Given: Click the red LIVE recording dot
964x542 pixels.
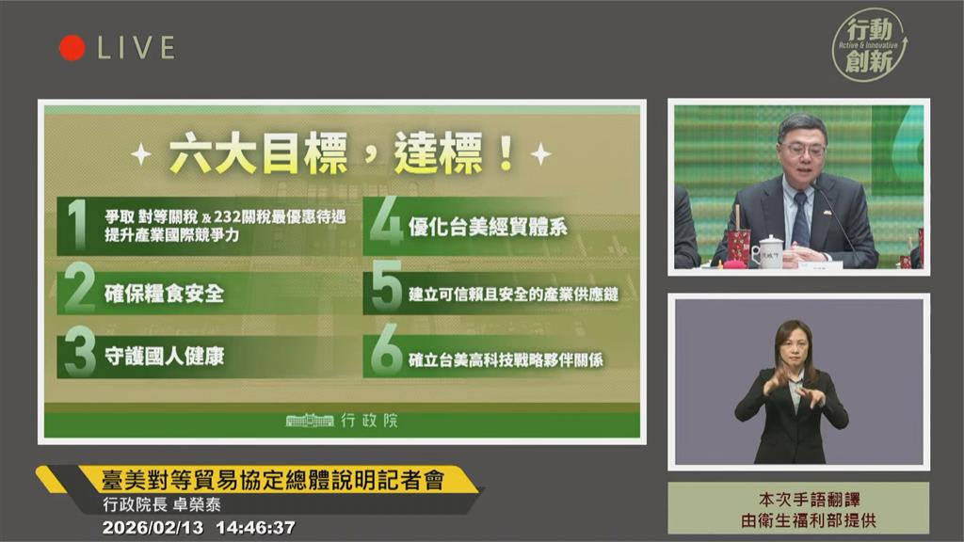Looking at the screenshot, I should click(x=72, y=48).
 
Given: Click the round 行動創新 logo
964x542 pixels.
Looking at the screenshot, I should click(x=869, y=44).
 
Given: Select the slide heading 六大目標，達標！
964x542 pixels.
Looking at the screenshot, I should click(x=342, y=152).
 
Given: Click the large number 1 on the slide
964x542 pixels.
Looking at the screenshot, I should click(x=77, y=224).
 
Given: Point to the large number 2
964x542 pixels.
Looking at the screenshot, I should click(x=79, y=291).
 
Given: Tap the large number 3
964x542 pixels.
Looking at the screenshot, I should click(x=79, y=355).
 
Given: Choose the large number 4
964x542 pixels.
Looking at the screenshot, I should click(x=385, y=224).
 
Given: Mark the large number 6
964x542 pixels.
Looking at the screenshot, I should click(x=386, y=355).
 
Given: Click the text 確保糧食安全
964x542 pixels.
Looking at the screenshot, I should click(x=164, y=295).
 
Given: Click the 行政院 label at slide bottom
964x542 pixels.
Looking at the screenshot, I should click(x=368, y=421).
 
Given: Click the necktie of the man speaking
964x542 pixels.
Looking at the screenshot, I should click(x=800, y=220).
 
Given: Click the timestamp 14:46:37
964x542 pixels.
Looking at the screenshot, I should click(x=255, y=528).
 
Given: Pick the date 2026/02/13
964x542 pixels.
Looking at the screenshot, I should click(x=154, y=528).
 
